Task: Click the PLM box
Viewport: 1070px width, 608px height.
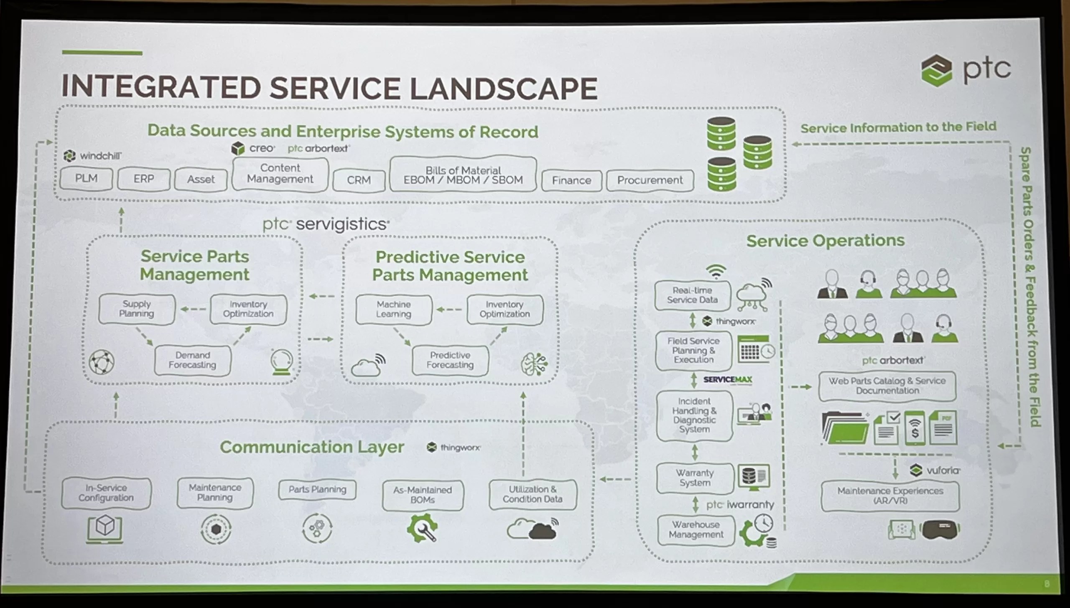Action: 86,179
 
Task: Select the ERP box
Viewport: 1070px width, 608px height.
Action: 144,179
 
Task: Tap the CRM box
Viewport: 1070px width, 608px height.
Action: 359,180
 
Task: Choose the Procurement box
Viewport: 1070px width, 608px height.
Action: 650,180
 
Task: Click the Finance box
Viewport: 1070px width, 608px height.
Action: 571,181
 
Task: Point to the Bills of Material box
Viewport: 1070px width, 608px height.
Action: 463,175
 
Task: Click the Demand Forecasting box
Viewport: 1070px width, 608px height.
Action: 192,360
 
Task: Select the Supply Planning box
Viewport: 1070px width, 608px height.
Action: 137,309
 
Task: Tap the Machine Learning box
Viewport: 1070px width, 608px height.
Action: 393,309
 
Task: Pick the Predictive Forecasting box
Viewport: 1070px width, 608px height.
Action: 450,360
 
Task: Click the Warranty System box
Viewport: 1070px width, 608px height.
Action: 695,478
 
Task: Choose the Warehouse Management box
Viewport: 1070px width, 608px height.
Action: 695,529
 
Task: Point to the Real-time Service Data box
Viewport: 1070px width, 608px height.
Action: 692,295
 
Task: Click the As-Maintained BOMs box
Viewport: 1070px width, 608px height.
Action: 422,495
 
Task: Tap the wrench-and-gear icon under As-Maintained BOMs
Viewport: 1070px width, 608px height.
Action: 422,528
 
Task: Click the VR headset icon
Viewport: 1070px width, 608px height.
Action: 940,529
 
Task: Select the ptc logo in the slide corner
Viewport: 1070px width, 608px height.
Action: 965,71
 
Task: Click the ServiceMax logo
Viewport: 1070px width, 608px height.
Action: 727,379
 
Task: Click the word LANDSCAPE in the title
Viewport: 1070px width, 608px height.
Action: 503,89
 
